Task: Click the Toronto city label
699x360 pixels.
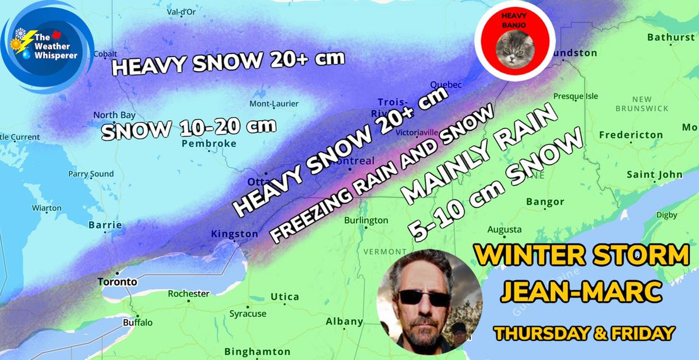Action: (118, 282)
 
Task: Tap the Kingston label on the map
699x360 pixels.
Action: (234, 234)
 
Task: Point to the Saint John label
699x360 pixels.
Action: (654, 175)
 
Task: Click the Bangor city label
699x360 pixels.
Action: (545, 202)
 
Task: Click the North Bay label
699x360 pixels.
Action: (114, 115)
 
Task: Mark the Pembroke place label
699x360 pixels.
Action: (209, 143)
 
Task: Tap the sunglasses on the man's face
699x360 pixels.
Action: (424, 298)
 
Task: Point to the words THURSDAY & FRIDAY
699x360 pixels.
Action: (584, 334)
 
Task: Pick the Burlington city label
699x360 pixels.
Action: (366, 221)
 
